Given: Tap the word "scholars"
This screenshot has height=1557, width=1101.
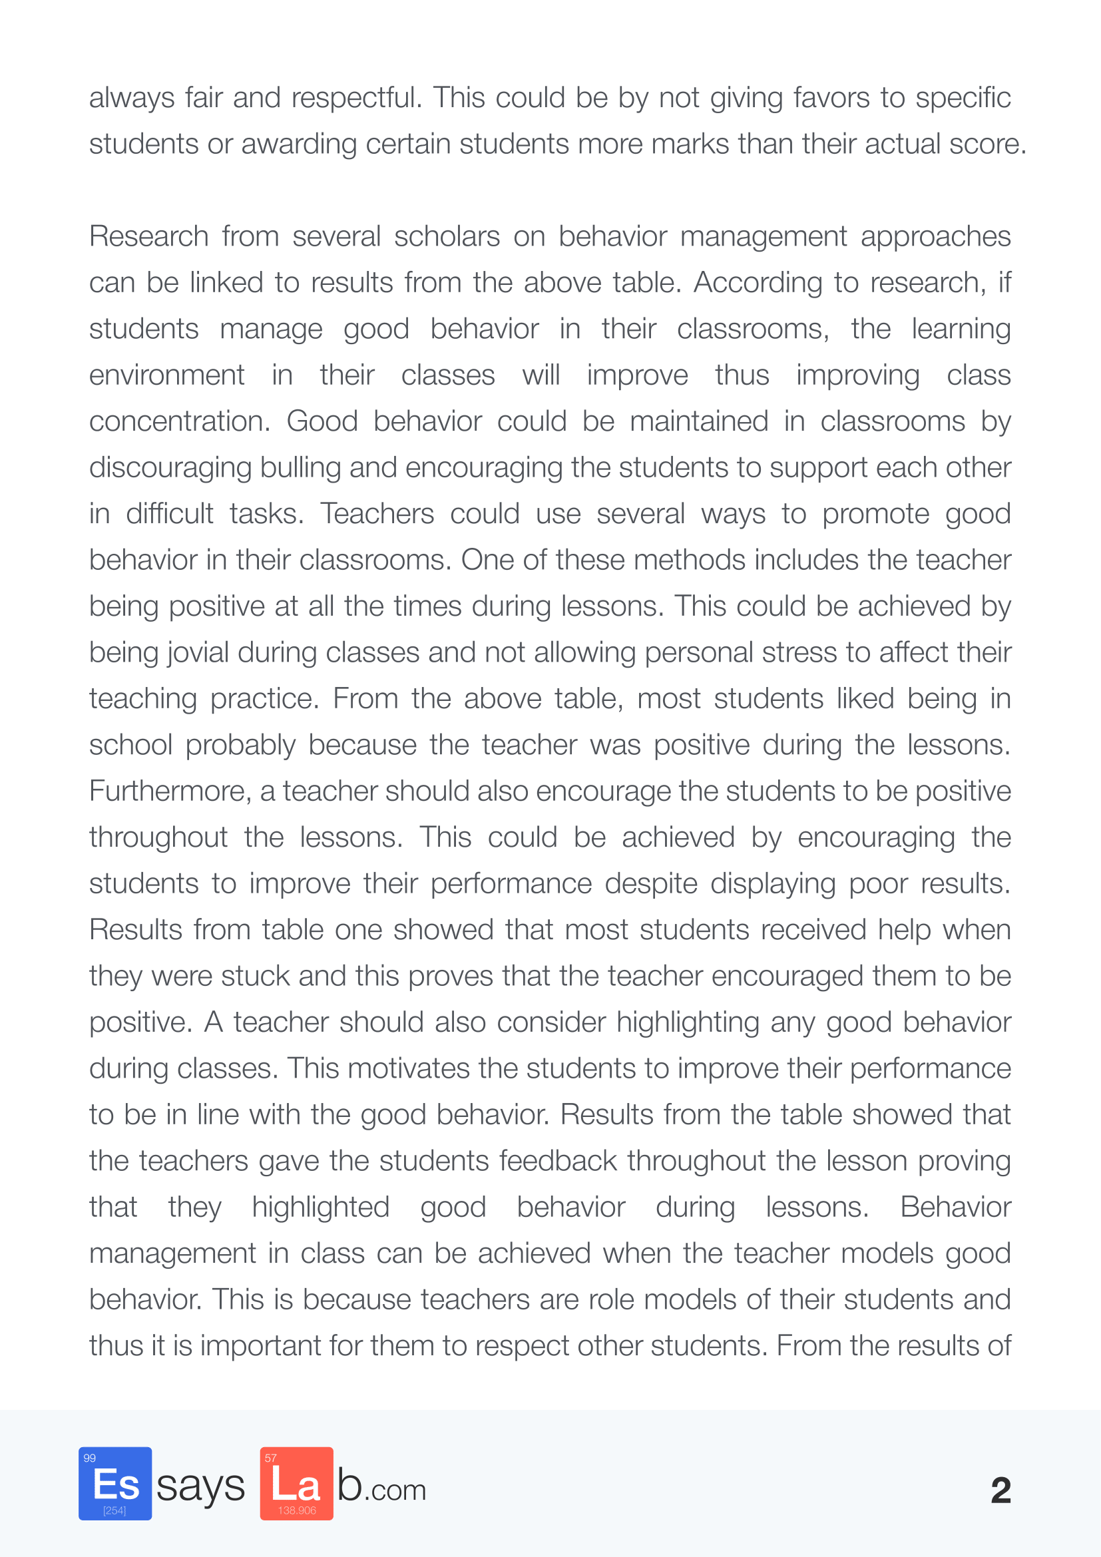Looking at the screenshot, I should coord(447,237).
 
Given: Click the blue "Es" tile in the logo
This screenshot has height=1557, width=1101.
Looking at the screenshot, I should coord(115,1483).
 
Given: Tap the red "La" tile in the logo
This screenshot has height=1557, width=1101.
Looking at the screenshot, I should coord(296,1483).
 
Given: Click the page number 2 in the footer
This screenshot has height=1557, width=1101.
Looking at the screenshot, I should coord(1000,1490).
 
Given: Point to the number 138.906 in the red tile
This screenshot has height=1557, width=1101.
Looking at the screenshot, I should coord(297,1510).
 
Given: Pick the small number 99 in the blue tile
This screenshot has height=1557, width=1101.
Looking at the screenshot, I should coord(89,1458).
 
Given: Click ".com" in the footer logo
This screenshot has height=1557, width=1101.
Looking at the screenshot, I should coord(398,1490).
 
